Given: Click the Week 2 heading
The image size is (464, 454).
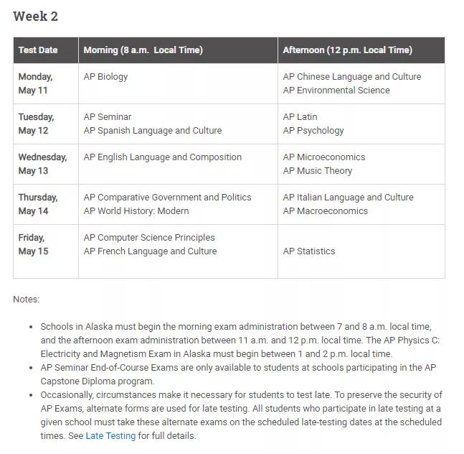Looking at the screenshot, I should click(x=35, y=16).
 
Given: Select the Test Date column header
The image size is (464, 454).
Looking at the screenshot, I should click(x=38, y=50).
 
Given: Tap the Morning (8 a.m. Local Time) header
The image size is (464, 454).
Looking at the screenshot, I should click(x=143, y=50).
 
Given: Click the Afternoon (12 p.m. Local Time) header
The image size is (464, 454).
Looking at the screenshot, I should click(x=347, y=50).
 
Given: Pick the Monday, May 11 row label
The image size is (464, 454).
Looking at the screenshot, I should click(x=35, y=83).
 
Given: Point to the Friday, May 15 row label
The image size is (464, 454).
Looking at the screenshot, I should click(x=33, y=244).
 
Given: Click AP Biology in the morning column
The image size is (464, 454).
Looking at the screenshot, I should click(x=105, y=77).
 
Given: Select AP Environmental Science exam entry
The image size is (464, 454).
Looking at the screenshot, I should click(x=336, y=91).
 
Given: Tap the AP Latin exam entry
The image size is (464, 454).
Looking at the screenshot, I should click(x=300, y=117).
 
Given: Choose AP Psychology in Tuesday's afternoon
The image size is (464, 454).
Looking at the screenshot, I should click(x=313, y=131).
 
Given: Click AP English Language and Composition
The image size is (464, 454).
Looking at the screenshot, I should click(x=162, y=157).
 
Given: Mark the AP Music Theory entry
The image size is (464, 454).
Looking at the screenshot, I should click(x=318, y=171).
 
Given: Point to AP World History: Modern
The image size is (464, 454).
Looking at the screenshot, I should click(x=136, y=211).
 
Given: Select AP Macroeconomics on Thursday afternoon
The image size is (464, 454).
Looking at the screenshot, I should click(x=325, y=211).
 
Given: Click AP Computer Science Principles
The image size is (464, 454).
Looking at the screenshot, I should click(x=149, y=238).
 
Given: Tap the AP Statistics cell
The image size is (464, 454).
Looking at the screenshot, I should click(x=309, y=251).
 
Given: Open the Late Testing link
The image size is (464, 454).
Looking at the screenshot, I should click(x=110, y=436).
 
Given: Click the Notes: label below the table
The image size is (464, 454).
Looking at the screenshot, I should click(x=27, y=300).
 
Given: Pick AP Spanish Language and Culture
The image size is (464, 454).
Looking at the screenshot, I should click(x=153, y=131).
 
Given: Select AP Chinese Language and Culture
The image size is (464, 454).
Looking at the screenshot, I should click(x=352, y=77).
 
